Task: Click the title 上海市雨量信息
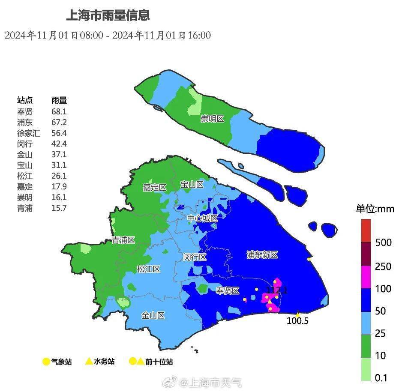(x=108, y=16)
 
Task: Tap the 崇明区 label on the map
(x=213, y=119)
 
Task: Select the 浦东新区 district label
(x=262, y=255)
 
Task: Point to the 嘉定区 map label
(x=155, y=188)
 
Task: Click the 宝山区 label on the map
(x=192, y=185)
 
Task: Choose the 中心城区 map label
(x=203, y=218)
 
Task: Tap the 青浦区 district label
(x=123, y=240)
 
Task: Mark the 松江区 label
(x=148, y=269)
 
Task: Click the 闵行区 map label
(x=195, y=257)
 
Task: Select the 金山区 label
(x=153, y=316)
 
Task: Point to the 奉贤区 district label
(x=227, y=291)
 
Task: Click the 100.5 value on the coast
(x=297, y=321)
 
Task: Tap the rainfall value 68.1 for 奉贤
(x=59, y=111)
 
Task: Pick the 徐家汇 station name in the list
(x=29, y=133)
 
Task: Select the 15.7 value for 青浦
(x=59, y=208)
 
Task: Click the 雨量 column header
(x=59, y=100)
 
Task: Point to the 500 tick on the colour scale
(x=383, y=242)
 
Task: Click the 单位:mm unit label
(x=375, y=209)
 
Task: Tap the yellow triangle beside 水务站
(x=89, y=361)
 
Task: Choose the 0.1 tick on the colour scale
(x=381, y=378)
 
